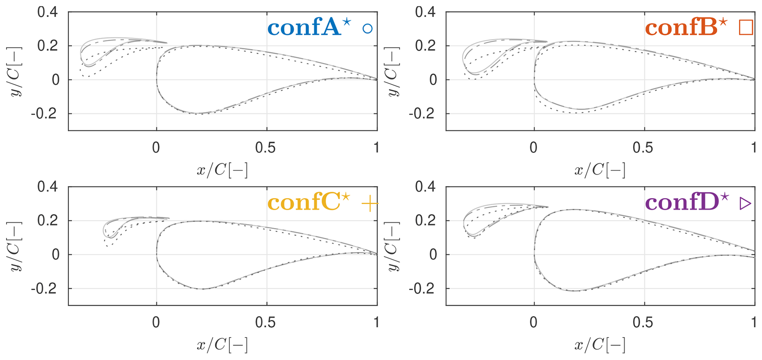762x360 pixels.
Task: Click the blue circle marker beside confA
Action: point(367,29)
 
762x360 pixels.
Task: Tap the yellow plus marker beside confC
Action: point(370,204)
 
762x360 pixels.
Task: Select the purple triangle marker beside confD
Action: point(745,204)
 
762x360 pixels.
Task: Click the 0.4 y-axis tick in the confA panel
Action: point(48,12)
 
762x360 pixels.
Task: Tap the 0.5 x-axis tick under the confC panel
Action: point(266,322)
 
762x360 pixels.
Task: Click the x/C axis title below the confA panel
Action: point(222,170)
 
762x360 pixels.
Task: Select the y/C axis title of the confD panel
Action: point(394,246)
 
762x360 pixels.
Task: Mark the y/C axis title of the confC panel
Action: point(16,246)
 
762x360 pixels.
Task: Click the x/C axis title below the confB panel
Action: point(600,170)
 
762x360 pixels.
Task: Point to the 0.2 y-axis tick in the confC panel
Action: point(48,221)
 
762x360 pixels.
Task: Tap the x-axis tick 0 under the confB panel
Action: point(533,148)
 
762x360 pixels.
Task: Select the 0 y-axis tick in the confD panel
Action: point(433,255)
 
